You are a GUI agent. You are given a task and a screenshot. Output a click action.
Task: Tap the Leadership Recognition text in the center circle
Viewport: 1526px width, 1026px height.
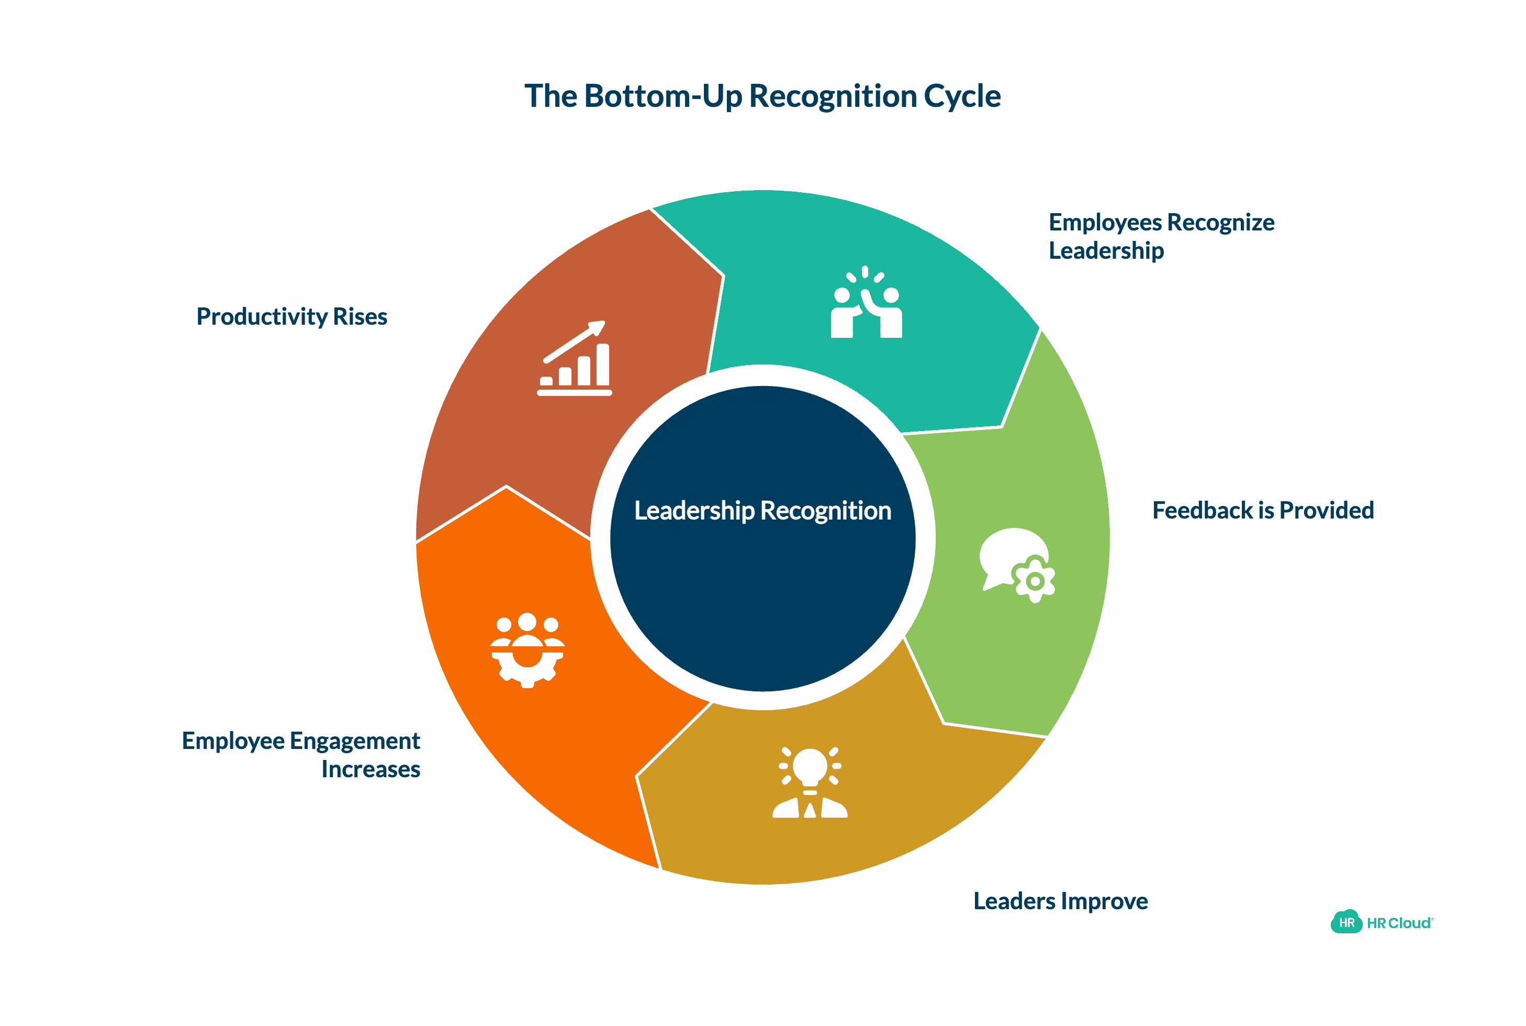tap(762, 511)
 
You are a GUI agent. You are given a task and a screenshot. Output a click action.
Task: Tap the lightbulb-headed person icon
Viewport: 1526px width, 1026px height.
tap(810, 782)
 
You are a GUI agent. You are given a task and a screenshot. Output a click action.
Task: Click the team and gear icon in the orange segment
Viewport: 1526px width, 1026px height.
tap(527, 650)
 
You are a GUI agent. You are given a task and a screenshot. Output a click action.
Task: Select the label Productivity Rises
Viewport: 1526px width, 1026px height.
tap(291, 317)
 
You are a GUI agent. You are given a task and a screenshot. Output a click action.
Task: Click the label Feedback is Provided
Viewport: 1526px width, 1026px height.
tap(1263, 511)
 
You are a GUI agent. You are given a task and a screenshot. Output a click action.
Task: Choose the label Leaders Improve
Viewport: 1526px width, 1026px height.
tap(1060, 901)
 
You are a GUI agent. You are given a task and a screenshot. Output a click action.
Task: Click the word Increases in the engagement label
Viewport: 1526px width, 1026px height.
tap(370, 769)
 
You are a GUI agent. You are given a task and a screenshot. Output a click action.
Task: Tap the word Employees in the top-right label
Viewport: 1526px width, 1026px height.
tap(1105, 223)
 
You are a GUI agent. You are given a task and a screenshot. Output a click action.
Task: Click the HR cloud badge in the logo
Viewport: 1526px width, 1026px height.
tap(1345, 923)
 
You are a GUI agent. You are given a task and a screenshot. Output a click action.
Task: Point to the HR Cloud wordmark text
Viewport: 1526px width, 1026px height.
tap(1398, 923)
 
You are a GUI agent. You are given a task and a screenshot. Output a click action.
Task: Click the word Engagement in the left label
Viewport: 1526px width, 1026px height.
tap(354, 741)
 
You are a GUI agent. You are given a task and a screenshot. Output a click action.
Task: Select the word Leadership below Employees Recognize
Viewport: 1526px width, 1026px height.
tap(1106, 251)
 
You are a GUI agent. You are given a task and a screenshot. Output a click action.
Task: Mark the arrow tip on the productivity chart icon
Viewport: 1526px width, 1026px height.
tap(599, 326)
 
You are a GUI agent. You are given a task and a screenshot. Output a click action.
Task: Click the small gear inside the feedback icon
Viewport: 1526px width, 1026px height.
tap(1034, 580)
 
